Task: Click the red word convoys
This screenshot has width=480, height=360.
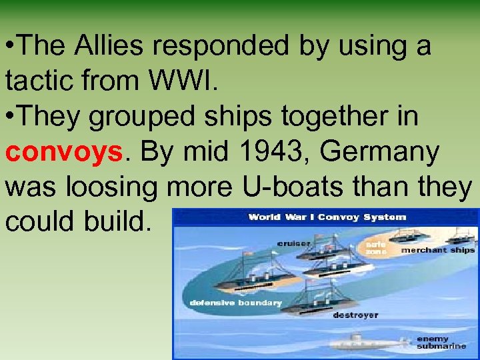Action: pyautogui.click(x=63, y=152)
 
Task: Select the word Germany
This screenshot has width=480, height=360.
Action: pyautogui.click(x=379, y=152)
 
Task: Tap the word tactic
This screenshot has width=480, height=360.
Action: pyautogui.click(x=41, y=81)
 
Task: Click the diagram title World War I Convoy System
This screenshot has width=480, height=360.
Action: pyautogui.click(x=327, y=217)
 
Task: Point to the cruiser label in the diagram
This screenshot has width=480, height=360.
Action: pyautogui.click(x=293, y=243)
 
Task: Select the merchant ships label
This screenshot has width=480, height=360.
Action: pyautogui.click(x=437, y=250)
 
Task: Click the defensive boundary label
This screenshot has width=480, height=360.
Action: pyautogui.click(x=236, y=303)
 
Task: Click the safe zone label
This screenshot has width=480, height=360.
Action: pyautogui.click(x=375, y=247)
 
